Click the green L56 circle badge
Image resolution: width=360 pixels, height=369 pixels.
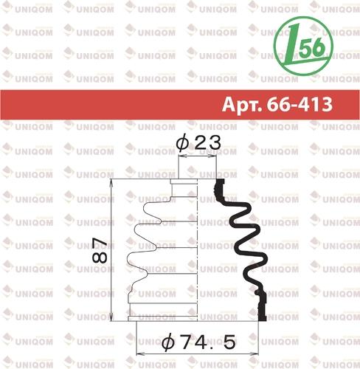point(303,46)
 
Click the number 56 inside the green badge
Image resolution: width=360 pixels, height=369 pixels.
point(312,47)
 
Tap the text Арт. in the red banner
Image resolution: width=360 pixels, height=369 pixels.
point(242,104)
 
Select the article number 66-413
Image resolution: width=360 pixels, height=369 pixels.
point(300,104)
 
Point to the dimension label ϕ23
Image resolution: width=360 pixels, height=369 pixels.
point(198,142)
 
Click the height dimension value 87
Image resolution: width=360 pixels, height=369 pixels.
point(100,250)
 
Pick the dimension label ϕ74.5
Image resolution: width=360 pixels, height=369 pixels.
point(198,342)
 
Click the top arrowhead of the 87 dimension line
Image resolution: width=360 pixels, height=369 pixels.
point(111,183)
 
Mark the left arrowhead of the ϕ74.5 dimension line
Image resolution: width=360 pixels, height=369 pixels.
point(140,354)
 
